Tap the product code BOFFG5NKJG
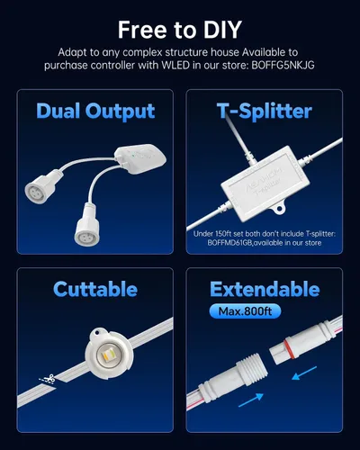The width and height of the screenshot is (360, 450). (283, 65)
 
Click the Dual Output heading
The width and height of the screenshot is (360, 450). (95, 112)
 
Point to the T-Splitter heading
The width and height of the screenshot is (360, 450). (265, 112)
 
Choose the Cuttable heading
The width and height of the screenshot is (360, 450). (95, 289)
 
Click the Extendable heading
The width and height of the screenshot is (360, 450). (265, 289)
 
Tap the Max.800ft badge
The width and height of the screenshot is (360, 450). (245, 311)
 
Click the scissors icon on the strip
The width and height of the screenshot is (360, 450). (49, 379)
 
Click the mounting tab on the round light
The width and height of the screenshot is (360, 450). (97, 333)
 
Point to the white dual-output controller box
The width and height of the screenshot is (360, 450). (140, 158)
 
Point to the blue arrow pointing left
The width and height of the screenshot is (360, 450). (304, 373)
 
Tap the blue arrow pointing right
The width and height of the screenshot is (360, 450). (251, 400)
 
